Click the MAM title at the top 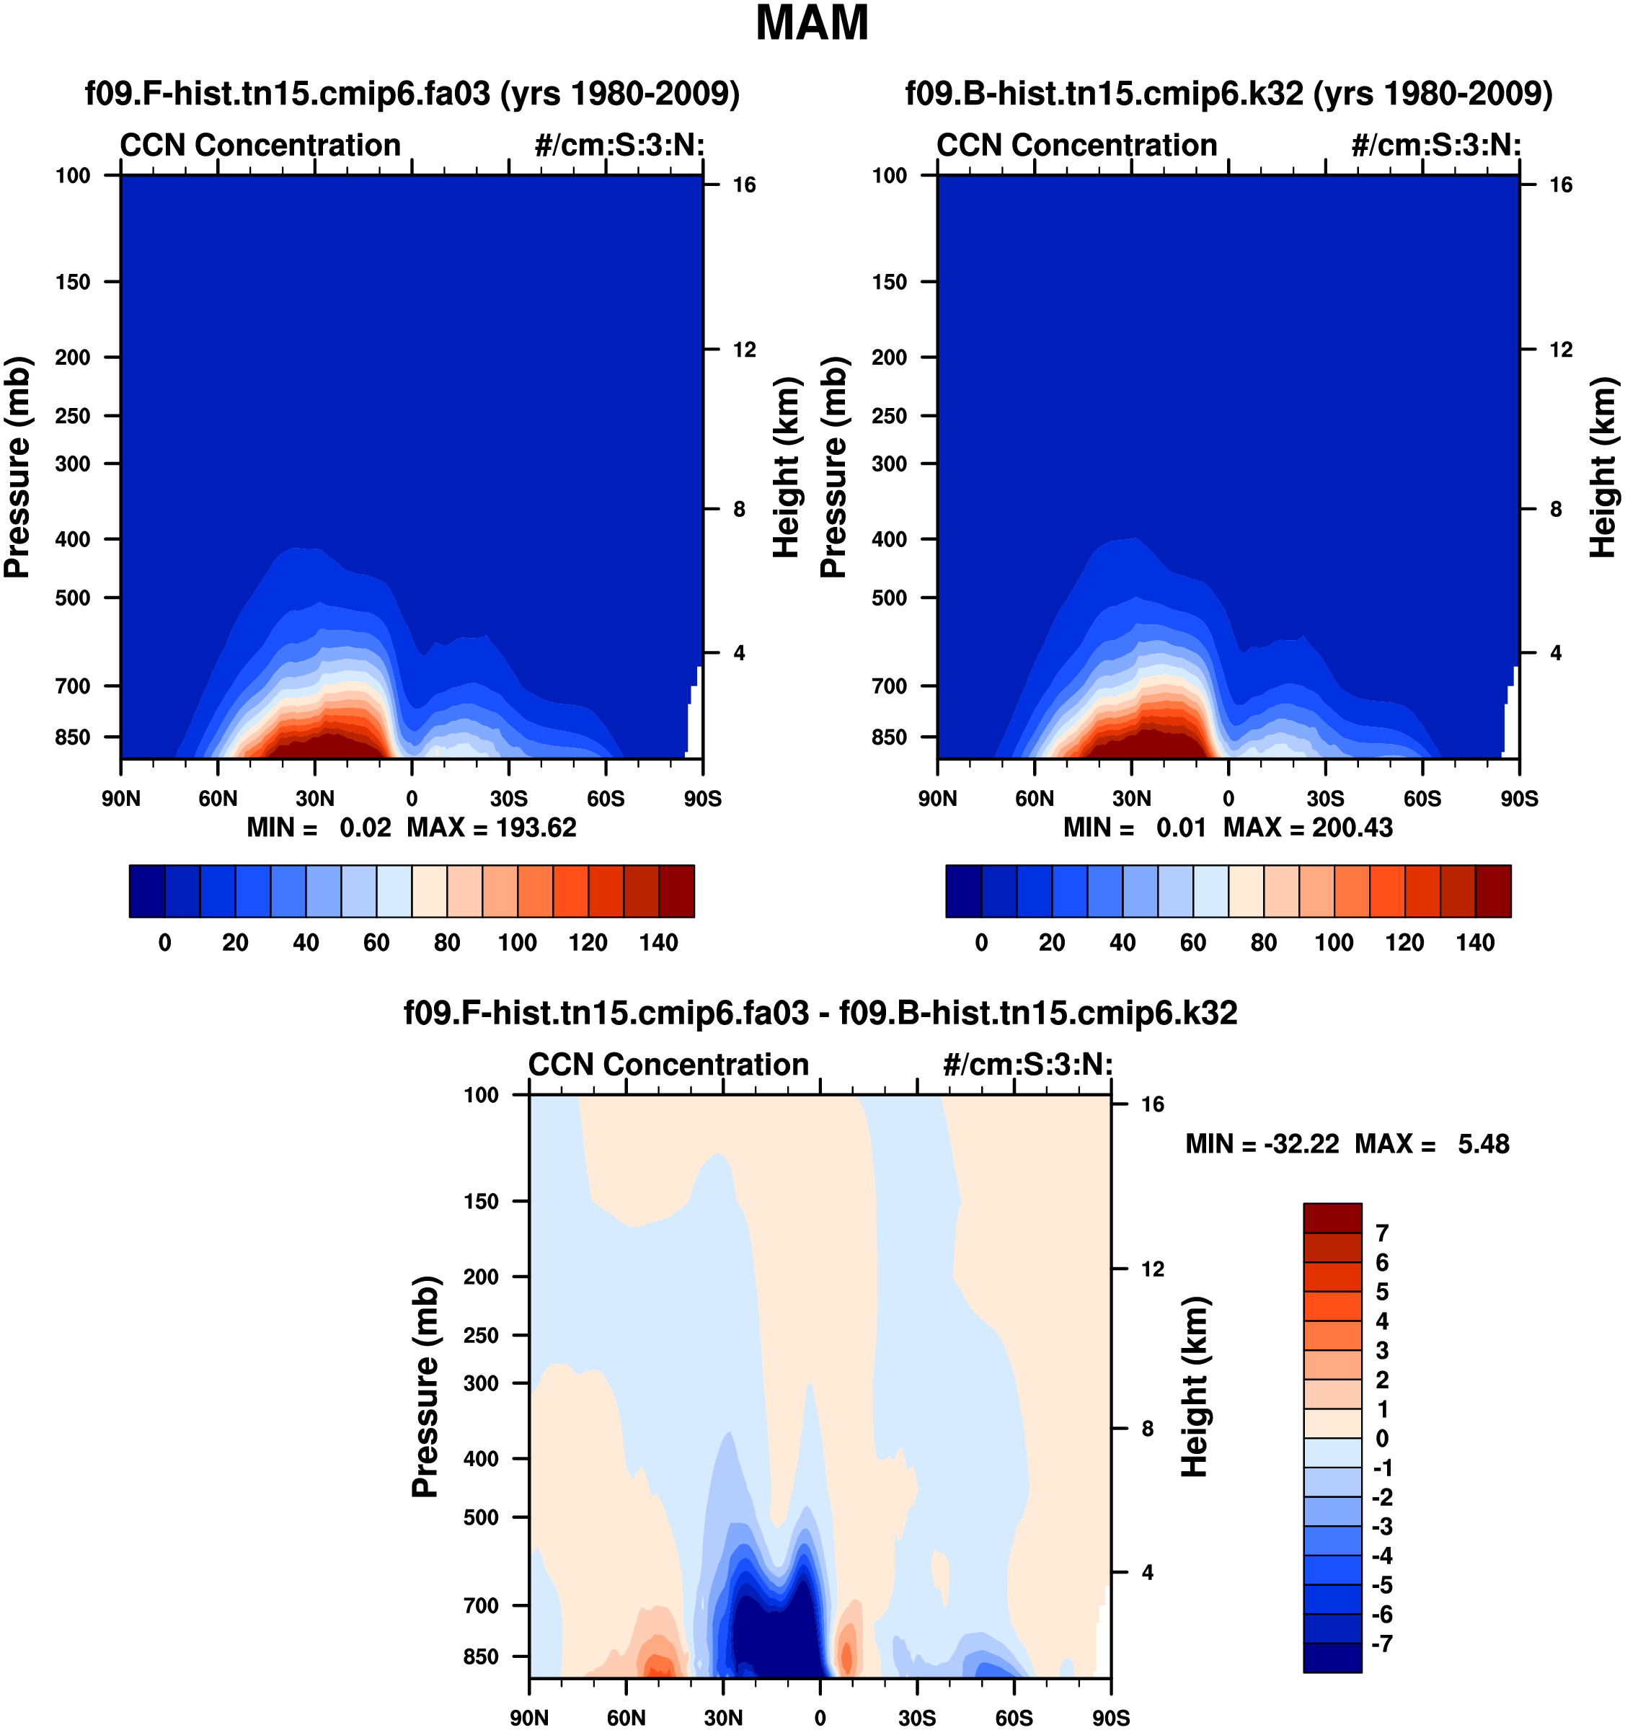click(811, 24)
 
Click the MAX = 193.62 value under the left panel click(492, 828)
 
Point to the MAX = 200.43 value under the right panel click(1309, 828)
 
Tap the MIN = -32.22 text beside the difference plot click(1262, 1145)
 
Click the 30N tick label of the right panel click(1131, 799)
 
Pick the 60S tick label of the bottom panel click(1014, 1718)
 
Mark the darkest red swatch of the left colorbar click(676, 891)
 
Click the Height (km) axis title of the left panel click(786, 467)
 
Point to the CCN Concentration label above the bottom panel click(668, 1065)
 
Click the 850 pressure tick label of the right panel click(890, 738)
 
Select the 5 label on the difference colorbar click(1382, 1292)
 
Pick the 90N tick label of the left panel click(120, 799)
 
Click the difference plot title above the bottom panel click(820, 1013)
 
